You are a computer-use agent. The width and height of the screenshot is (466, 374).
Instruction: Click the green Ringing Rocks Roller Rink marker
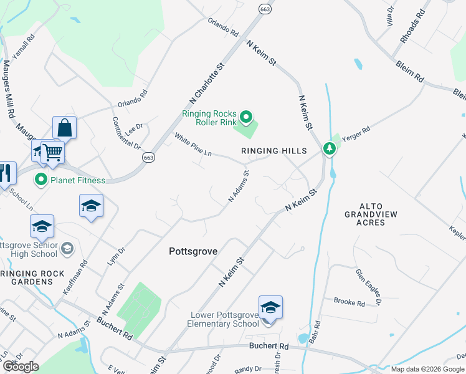(x=246, y=117)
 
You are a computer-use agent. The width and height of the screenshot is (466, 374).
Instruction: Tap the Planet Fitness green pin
(x=41, y=180)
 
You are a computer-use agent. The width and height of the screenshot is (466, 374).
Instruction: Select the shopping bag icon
(x=64, y=128)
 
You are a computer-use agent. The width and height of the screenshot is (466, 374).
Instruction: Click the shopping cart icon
(x=52, y=151)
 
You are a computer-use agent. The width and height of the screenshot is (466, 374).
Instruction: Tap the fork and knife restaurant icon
(x=6, y=173)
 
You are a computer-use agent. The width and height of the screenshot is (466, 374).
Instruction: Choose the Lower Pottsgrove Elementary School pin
(x=270, y=308)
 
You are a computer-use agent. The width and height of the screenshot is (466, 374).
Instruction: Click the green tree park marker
(x=329, y=149)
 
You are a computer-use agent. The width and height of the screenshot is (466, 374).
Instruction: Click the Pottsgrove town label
(x=193, y=251)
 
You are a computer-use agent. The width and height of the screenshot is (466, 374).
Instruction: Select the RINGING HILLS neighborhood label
(x=275, y=151)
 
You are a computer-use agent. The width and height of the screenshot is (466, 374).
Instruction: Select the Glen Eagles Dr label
(x=368, y=287)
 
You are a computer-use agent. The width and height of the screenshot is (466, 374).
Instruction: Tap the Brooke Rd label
(x=349, y=302)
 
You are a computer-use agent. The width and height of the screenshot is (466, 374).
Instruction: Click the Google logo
(x=21, y=367)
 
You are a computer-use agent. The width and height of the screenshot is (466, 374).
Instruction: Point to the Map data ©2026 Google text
(x=428, y=369)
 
